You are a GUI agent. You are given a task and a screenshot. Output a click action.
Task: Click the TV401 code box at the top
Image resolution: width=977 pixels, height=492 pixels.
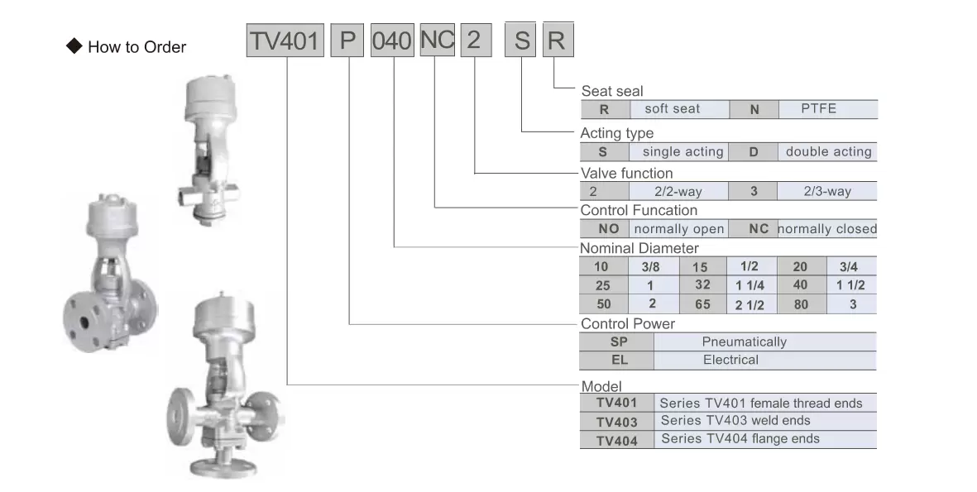285,41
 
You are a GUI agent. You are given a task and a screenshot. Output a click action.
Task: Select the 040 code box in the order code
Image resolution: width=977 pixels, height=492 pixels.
392,41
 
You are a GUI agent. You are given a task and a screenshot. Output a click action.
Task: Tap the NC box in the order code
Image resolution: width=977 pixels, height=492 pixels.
438,40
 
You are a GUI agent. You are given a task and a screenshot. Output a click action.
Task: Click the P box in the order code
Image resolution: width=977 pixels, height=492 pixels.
347,41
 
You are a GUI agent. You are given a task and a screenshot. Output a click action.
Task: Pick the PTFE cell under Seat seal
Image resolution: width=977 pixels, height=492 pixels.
828,109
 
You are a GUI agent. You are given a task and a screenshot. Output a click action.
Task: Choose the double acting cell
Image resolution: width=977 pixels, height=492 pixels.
827,152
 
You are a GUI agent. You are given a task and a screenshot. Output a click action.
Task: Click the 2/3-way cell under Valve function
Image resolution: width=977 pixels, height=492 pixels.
826,191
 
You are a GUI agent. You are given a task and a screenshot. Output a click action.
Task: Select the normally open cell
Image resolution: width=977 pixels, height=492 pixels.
678,228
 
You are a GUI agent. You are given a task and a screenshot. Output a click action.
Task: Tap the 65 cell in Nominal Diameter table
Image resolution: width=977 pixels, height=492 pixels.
702,304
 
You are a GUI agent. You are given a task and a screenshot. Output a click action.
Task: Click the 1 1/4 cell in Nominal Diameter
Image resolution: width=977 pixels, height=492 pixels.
751,285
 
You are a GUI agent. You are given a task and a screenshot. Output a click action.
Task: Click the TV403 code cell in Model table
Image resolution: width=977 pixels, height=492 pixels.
617,421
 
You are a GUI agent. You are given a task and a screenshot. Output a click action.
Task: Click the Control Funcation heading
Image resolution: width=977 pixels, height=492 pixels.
639,211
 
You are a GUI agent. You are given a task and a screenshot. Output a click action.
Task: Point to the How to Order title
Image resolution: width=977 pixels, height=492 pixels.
137,47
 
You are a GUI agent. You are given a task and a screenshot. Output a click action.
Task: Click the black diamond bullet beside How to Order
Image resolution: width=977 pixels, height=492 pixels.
74,46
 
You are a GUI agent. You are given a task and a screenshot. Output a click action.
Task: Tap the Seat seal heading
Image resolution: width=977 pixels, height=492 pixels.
612,91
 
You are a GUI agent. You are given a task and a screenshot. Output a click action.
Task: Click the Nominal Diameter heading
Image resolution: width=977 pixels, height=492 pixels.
639,248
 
